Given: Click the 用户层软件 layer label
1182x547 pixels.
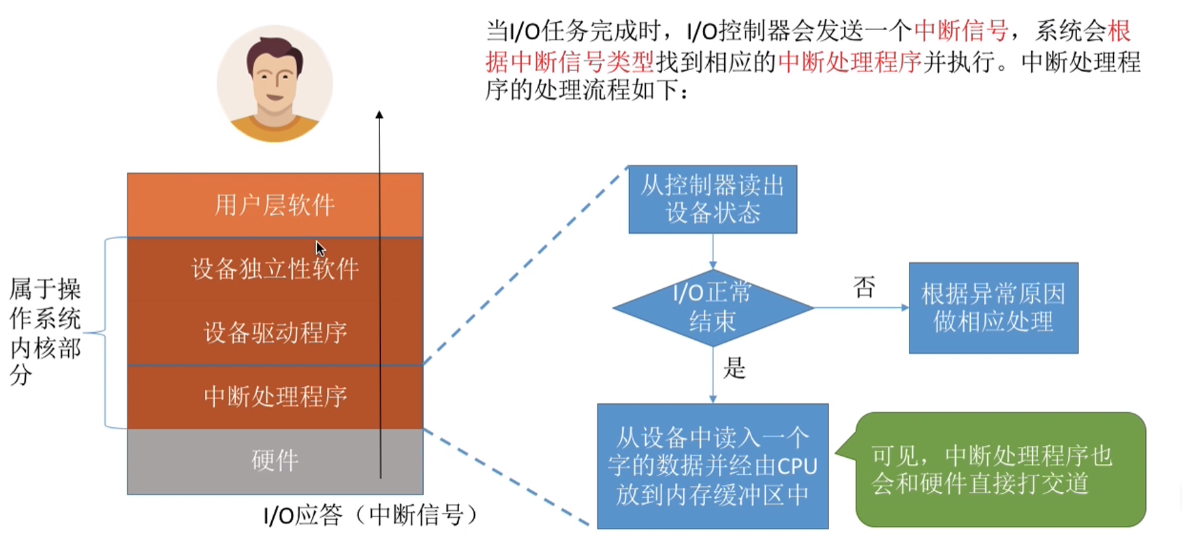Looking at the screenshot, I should [x=275, y=205].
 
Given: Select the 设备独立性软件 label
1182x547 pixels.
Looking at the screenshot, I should [x=275, y=269].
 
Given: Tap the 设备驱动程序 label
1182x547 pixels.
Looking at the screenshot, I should [x=275, y=333].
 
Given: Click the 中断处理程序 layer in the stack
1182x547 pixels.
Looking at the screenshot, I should [x=275, y=396].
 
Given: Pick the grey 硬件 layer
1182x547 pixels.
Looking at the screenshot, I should [x=275, y=461].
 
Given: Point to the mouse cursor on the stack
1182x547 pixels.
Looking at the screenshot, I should [x=320, y=248].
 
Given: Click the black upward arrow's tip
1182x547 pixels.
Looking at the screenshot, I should [x=379, y=114].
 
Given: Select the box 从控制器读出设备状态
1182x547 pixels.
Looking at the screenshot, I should [x=713, y=199].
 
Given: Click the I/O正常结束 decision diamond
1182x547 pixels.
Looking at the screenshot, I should [x=713, y=307].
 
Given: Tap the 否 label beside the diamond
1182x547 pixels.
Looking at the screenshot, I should [x=864, y=287].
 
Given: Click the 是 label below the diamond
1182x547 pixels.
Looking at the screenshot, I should [x=734, y=369].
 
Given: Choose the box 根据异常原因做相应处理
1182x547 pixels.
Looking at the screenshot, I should [x=993, y=308].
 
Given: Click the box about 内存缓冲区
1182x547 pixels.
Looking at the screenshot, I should [x=713, y=466].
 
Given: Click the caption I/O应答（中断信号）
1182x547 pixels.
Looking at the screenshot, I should [x=371, y=515].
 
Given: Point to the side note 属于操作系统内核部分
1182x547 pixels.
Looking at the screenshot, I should [x=45, y=332].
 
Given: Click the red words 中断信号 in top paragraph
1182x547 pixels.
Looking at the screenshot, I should [x=961, y=31].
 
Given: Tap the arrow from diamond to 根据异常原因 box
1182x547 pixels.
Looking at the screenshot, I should [x=862, y=308].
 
